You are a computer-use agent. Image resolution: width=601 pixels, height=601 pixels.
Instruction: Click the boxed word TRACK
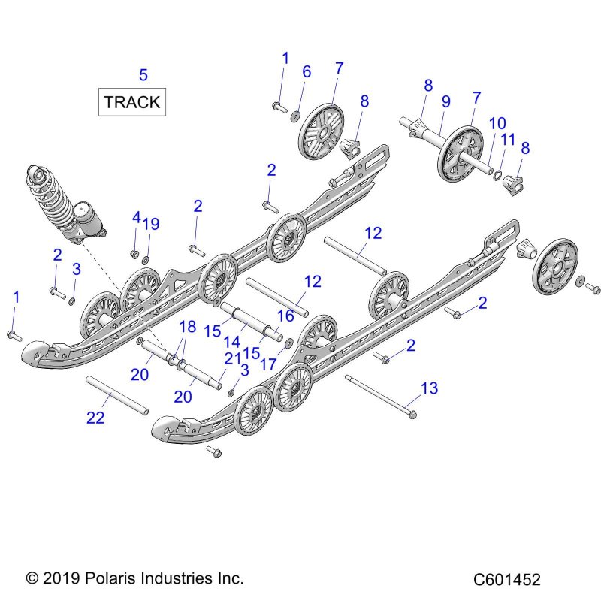[132, 102]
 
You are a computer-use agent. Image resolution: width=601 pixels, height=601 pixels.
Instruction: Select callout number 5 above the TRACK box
[143, 74]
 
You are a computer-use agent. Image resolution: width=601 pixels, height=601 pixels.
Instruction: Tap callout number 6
[306, 71]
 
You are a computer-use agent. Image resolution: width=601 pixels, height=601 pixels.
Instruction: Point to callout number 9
[445, 101]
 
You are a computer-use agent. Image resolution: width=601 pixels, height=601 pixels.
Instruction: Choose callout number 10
[497, 123]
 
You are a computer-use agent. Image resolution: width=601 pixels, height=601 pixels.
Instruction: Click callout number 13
[429, 388]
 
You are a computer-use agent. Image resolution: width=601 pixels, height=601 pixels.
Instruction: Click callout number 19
[151, 224]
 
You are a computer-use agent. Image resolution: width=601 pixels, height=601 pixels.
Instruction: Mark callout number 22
[95, 418]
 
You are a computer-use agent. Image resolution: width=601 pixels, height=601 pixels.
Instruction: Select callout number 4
[136, 217]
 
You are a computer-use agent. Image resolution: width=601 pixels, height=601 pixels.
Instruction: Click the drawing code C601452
[507, 579]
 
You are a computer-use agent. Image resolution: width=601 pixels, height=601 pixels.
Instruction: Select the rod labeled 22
[117, 394]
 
